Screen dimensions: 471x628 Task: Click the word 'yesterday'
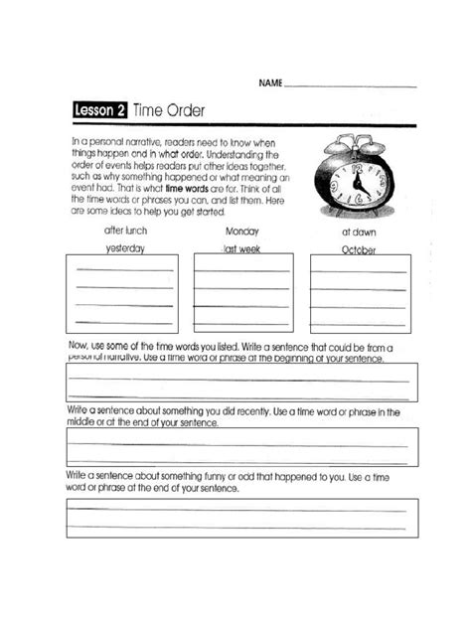tap(125, 249)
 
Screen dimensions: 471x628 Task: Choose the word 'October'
tap(359, 250)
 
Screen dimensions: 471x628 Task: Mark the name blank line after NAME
tap(350, 85)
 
